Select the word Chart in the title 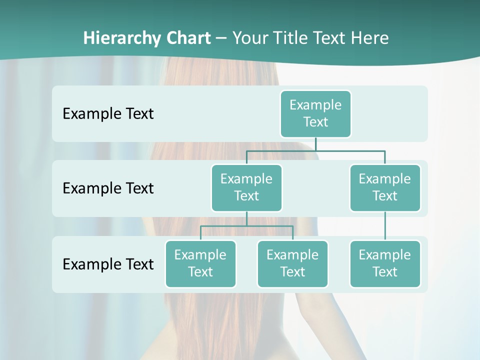click(188, 38)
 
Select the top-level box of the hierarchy click(315, 113)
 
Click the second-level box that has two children click(246, 187)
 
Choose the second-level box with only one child click(385, 187)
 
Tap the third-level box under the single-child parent click(385, 263)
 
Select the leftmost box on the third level click(200, 263)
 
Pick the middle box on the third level click(292, 263)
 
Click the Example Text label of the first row click(108, 114)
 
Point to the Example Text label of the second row click(108, 188)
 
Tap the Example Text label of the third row click(108, 264)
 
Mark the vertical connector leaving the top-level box click(315, 144)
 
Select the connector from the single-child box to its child click(385, 225)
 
